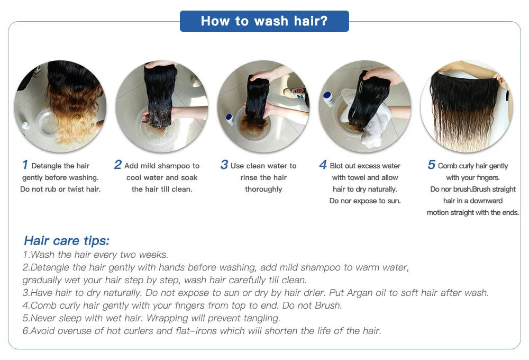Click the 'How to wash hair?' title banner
[264, 21]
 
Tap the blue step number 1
[25, 165]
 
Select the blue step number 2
[118, 165]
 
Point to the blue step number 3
[224, 165]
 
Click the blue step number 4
[323, 165]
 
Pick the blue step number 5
[432, 165]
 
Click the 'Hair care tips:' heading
[67, 241]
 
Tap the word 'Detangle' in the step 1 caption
[46, 166]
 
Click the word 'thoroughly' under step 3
[263, 190]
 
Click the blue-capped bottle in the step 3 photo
[230, 120]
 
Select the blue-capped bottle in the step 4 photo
[329, 99]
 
